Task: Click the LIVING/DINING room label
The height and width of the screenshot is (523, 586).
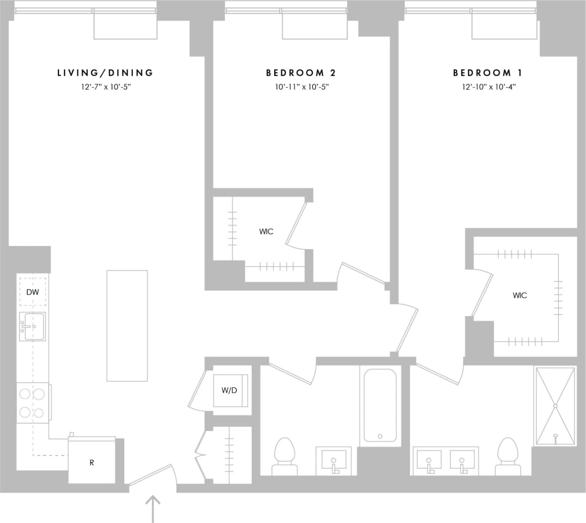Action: [105, 73]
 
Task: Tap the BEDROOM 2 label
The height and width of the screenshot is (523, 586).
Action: [301, 73]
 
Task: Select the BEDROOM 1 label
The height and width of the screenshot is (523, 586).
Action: [488, 73]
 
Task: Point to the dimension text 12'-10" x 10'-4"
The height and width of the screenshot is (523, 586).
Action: [489, 87]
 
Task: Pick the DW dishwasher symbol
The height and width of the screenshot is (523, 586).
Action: [32, 292]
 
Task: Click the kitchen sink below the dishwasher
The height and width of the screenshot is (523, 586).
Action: [32, 326]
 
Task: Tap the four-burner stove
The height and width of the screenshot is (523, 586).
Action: [32, 403]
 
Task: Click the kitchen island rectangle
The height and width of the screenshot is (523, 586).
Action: [127, 326]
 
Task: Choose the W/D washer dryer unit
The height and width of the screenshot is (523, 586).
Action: [230, 391]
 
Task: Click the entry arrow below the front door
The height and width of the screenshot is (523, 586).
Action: [152, 508]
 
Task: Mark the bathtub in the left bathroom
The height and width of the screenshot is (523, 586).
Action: [380, 405]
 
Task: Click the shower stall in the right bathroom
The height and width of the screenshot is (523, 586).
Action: [555, 406]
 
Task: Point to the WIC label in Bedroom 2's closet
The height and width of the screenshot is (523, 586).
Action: [266, 231]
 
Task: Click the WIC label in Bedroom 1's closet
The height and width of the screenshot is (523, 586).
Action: [519, 296]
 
